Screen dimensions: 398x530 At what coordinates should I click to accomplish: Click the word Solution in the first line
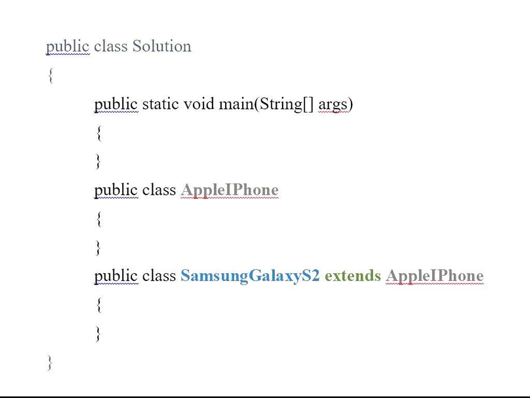[162, 46]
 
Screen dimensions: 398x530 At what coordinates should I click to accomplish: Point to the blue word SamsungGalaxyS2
[250, 276]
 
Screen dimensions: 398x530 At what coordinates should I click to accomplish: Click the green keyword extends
[352, 276]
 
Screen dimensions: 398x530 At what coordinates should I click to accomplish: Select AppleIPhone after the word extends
[434, 276]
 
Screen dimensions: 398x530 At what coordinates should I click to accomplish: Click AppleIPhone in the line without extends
[230, 190]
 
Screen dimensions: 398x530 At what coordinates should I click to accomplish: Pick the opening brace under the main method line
[98, 133]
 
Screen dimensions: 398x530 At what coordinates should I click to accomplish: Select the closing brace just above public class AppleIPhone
[98, 161]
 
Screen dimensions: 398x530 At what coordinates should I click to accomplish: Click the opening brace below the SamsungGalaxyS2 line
[98, 305]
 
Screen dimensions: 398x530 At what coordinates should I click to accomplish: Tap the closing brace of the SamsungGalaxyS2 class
[98, 333]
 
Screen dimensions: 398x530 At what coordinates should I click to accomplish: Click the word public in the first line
[67, 47]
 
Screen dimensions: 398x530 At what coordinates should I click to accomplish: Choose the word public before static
[116, 104]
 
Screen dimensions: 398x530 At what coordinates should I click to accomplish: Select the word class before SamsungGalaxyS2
[159, 276]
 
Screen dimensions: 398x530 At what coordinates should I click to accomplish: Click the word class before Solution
[110, 46]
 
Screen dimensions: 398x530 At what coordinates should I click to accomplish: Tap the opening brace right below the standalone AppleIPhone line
[98, 219]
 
